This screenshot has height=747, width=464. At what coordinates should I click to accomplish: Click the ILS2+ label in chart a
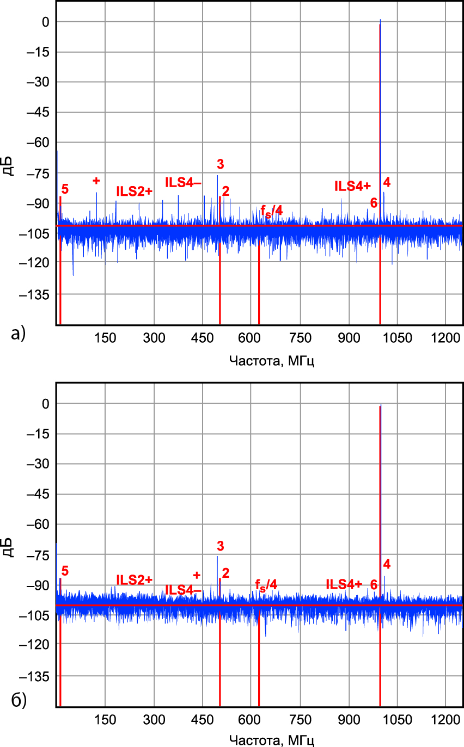click(134, 191)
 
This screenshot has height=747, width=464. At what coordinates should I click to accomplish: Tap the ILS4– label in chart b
click(184, 590)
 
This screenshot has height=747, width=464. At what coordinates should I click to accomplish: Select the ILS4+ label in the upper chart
click(352, 186)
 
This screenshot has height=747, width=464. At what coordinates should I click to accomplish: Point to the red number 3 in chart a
click(220, 164)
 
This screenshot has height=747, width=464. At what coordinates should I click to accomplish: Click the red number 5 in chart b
click(65, 571)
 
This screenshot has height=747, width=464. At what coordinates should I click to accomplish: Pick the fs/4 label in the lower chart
click(266, 585)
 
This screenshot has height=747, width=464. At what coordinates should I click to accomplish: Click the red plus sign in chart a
click(96, 181)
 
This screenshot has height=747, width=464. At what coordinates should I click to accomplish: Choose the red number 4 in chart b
click(387, 563)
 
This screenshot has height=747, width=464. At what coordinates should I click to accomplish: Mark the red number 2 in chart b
click(225, 572)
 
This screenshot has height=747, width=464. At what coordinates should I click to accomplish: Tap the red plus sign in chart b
click(197, 575)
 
